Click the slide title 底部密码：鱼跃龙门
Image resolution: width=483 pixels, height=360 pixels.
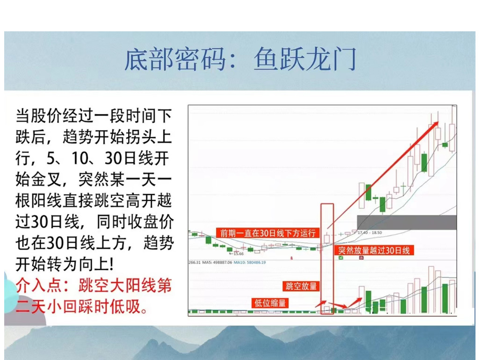click(240, 60)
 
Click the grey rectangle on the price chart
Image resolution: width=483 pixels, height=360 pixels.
click(406, 222)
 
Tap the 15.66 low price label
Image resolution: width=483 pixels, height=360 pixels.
click(239, 253)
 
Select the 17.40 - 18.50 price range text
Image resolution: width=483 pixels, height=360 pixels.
click(370, 232)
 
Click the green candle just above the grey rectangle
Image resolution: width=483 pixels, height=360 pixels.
click(368, 192)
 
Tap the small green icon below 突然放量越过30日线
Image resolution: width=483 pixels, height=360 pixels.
click(341, 258)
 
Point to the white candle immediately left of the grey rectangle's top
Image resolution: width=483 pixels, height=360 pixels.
click(361, 195)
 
